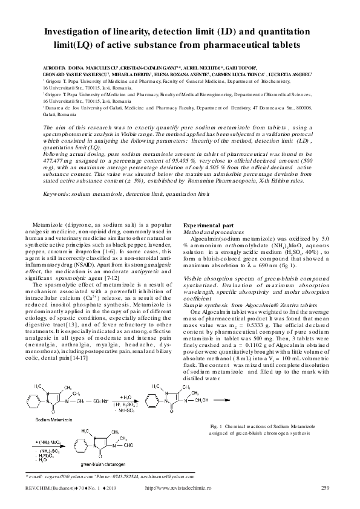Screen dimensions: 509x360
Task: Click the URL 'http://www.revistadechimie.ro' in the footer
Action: (179, 487)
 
